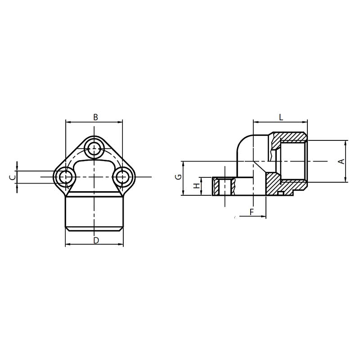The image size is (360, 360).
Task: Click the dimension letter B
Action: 95,117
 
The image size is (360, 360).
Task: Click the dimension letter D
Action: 95,240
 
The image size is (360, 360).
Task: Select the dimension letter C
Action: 13,177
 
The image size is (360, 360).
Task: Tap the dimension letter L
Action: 281,117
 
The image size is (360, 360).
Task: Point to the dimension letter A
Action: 341,161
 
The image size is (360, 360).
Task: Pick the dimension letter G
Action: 179,177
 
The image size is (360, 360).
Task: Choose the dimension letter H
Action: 196,186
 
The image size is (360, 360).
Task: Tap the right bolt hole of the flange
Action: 122,176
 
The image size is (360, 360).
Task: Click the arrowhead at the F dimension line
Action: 263,216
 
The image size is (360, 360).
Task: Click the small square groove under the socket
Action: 280,193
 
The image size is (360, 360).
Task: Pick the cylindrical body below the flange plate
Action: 94,214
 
